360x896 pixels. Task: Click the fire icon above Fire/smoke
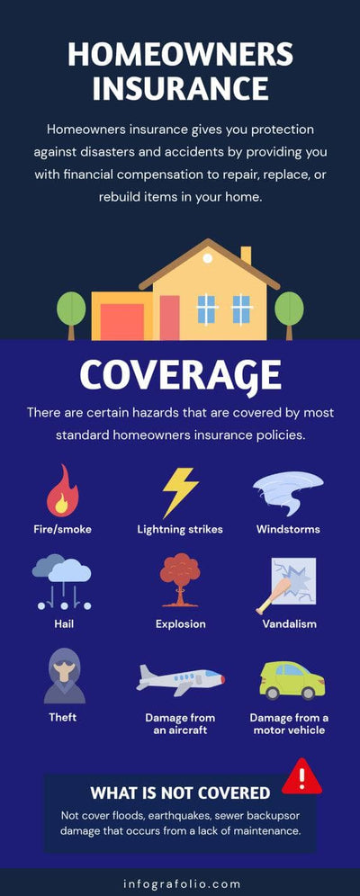[62, 490]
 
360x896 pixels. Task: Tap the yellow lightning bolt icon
[180, 492]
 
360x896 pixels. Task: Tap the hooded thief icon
[64, 675]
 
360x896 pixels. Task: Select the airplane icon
[180, 678]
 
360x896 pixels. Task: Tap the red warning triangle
[301, 775]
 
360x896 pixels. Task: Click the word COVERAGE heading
[180, 374]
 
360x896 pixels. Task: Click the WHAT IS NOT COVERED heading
[180, 793]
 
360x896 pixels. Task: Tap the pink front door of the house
[170, 317]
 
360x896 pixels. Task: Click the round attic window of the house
[208, 258]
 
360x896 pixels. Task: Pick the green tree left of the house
[71, 311]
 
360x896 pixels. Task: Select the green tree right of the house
[289, 311]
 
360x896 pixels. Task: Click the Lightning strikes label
[180, 529]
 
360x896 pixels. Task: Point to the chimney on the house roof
[246, 255]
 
